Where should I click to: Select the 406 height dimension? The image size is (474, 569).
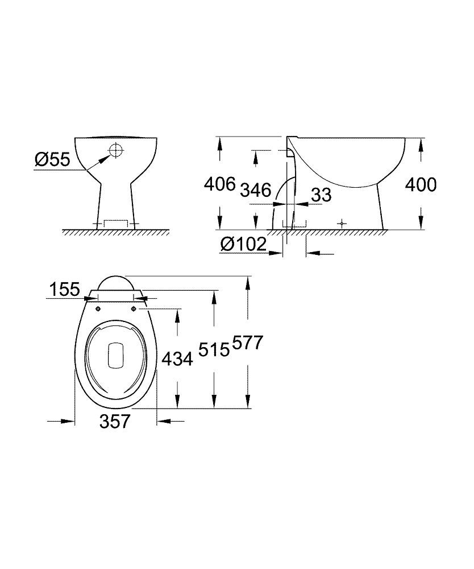219,184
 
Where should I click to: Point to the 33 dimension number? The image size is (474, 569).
321,195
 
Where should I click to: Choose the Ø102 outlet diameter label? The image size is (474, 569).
243,245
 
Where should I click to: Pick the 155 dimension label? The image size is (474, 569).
63,290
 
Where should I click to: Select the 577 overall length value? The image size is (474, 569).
248,344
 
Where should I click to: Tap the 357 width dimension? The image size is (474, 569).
115,421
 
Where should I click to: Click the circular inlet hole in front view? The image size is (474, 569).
115,150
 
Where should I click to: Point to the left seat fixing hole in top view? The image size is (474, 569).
98,309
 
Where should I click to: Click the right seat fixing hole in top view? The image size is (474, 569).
134,309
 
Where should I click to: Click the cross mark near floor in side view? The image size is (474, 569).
341,224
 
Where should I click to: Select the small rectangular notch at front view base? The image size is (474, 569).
116,222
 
